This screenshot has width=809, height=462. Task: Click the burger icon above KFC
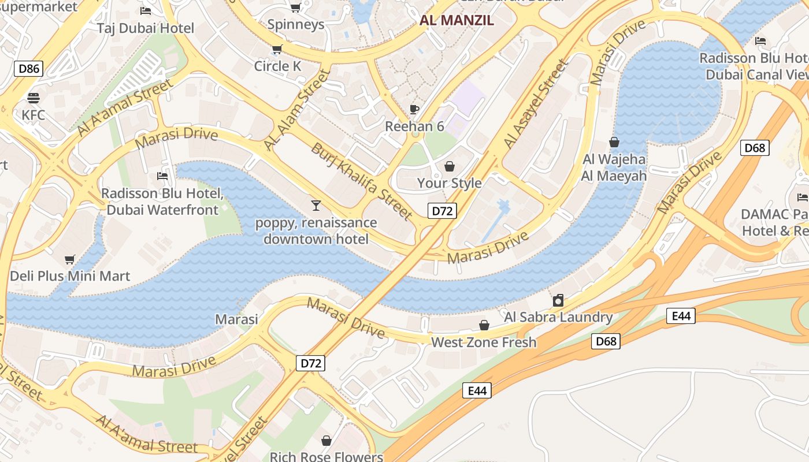(x=33, y=98)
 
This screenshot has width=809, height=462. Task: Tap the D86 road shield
(x=29, y=69)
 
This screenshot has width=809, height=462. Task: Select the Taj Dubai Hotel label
(x=145, y=28)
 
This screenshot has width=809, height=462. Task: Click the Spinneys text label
(x=295, y=25)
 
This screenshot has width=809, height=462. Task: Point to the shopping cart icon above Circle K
(x=277, y=49)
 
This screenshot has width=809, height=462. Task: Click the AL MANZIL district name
(x=457, y=21)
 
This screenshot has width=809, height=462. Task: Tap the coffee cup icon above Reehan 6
(x=414, y=109)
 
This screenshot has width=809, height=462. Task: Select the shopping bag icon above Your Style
(x=450, y=166)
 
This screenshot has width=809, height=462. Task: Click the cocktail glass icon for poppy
(x=316, y=205)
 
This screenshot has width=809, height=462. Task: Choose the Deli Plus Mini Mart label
(x=70, y=276)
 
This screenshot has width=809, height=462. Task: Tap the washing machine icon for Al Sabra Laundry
(x=558, y=300)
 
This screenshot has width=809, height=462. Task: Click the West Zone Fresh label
(x=484, y=342)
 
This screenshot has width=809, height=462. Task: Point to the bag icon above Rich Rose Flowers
(x=326, y=441)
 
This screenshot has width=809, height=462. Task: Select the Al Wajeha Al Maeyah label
(x=614, y=167)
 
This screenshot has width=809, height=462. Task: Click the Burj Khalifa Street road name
(x=362, y=181)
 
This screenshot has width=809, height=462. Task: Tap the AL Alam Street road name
(x=296, y=110)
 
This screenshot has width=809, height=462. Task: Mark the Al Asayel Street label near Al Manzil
(x=536, y=104)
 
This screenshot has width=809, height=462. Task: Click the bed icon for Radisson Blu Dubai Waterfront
(x=162, y=176)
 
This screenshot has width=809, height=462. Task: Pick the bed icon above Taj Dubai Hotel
(x=146, y=11)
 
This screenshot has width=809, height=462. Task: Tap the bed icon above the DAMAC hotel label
(x=802, y=197)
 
